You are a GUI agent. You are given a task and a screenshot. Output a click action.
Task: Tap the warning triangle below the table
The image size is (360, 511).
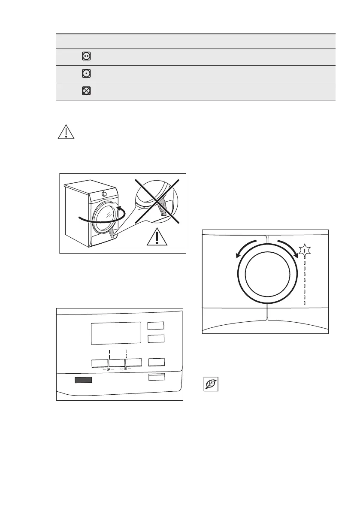(x=66, y=132)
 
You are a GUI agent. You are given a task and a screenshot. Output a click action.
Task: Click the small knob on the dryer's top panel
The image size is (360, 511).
(x=104, y=194)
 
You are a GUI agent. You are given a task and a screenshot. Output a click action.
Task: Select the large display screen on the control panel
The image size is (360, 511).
(x=116, y=333)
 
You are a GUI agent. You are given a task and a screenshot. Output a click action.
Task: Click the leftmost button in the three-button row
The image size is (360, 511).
(x=100, y=363)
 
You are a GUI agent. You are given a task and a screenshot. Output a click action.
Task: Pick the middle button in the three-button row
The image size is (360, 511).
(x=116, y=363)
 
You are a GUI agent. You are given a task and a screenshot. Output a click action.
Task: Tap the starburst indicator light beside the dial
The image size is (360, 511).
(x=304, y=250)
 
